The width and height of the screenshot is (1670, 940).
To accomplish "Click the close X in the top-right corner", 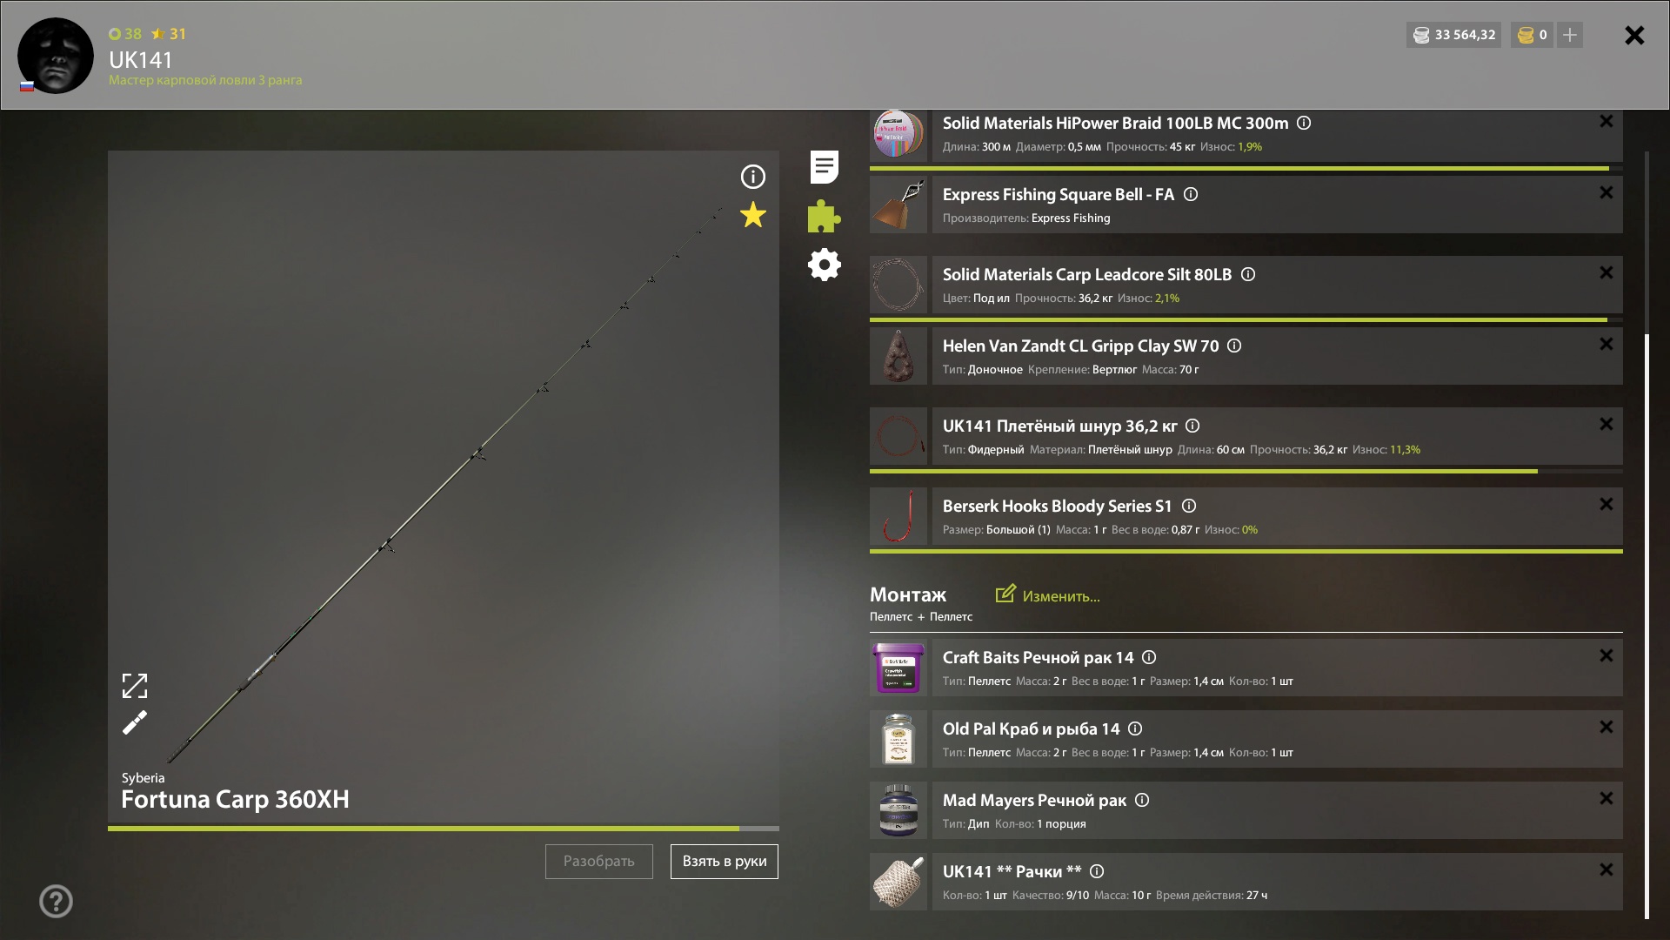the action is coord(1634,35).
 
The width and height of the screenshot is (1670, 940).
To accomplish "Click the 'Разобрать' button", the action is coord(599,862).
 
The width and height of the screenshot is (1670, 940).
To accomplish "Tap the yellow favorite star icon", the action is coord(753,215).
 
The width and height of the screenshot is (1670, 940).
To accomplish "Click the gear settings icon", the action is coord(825,265).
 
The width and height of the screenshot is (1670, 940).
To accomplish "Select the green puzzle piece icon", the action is coord(824,216).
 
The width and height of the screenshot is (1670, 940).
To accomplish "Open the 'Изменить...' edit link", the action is coord(1048,595).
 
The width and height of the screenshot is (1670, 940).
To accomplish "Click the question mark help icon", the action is coord(56,902).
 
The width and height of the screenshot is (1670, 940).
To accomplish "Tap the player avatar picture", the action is coord(56,56).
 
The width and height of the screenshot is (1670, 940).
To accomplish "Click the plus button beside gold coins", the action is coord(1570,35).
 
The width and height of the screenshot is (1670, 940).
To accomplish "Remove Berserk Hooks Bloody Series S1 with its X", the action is coord(1607,505).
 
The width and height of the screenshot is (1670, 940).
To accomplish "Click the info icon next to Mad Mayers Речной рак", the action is coord(1142,800).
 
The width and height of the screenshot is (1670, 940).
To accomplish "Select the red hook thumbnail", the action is coord(898,516).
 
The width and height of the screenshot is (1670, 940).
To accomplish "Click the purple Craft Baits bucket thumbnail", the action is coord(898,668).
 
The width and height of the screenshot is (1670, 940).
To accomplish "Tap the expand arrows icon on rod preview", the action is coord(135,686).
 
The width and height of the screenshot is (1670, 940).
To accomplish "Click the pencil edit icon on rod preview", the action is coord(135,722).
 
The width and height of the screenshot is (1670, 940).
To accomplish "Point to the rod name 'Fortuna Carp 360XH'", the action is coord(235,799).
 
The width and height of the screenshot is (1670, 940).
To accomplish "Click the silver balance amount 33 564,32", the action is coord(1466,35).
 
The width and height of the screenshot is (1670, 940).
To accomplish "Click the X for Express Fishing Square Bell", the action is coord(1607,193).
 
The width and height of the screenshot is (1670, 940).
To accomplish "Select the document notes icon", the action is coord(825,167).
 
